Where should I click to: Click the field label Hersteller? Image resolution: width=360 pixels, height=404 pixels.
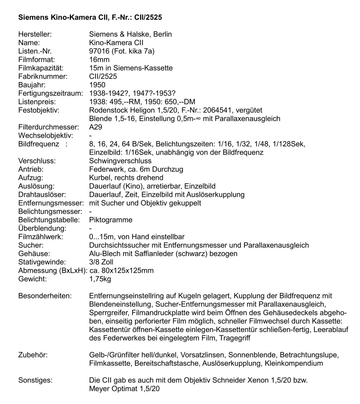click(x=35, y=35)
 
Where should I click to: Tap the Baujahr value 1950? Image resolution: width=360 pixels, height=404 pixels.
click(x=97, y=85)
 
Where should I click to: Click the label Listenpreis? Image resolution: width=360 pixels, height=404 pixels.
click(x=36, y=102)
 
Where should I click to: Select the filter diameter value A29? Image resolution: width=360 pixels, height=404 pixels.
click(x=95, y=127)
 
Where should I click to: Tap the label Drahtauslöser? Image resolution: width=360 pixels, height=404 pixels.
click(x=42, y=195)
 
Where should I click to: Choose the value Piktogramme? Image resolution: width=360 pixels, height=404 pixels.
click(x=111, y=220)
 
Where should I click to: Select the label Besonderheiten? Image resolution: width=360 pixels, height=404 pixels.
click(x=45, y=296)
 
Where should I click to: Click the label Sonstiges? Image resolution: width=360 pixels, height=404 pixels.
click(x=35, y=380)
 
